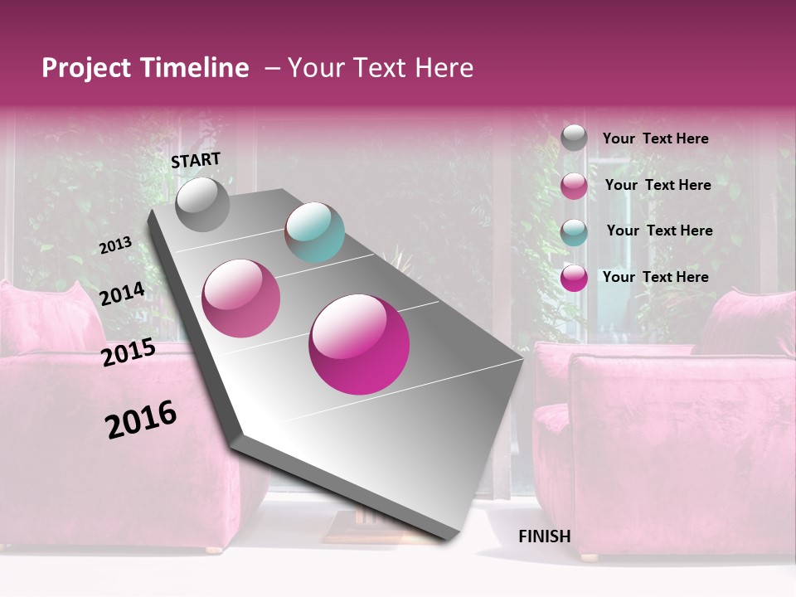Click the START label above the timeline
(x=196, y=160)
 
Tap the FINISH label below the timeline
(x=544, y=536)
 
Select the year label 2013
(x=115, y=245)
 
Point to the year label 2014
(x=122, y=294)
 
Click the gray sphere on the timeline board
(x=203, y=204)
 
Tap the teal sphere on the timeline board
(x=314, y=232)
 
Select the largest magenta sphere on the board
(x=359, y=344)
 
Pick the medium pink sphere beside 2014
(x=241, y=298)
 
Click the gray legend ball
(x=574, y=138)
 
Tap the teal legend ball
(x=574, y=231)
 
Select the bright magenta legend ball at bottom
(x=574, y=278)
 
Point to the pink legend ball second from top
(x=574, y=185)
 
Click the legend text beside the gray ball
(x=655, y=138)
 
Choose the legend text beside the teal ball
(x=659, y=231)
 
